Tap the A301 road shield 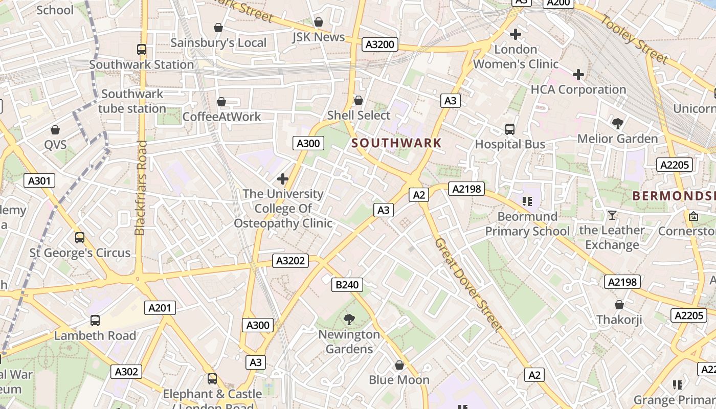coord(39,180)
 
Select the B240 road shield coord(347,285)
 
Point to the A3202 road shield coord(290,261)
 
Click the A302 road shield coord(126,372)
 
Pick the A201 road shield coord(161,308)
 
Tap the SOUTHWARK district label coord(396,143)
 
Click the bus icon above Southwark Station coord(142,50)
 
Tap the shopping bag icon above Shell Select coord(359,100)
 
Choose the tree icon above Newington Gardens coord(349,320)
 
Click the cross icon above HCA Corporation coord(578,75)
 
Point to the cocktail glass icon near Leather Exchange coord(612,215)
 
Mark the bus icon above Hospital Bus coord(510,129)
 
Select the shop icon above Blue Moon coord(399,365)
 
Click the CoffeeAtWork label coord(222,117)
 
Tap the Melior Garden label coord(617,139)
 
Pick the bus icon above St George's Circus coord(80,238)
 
